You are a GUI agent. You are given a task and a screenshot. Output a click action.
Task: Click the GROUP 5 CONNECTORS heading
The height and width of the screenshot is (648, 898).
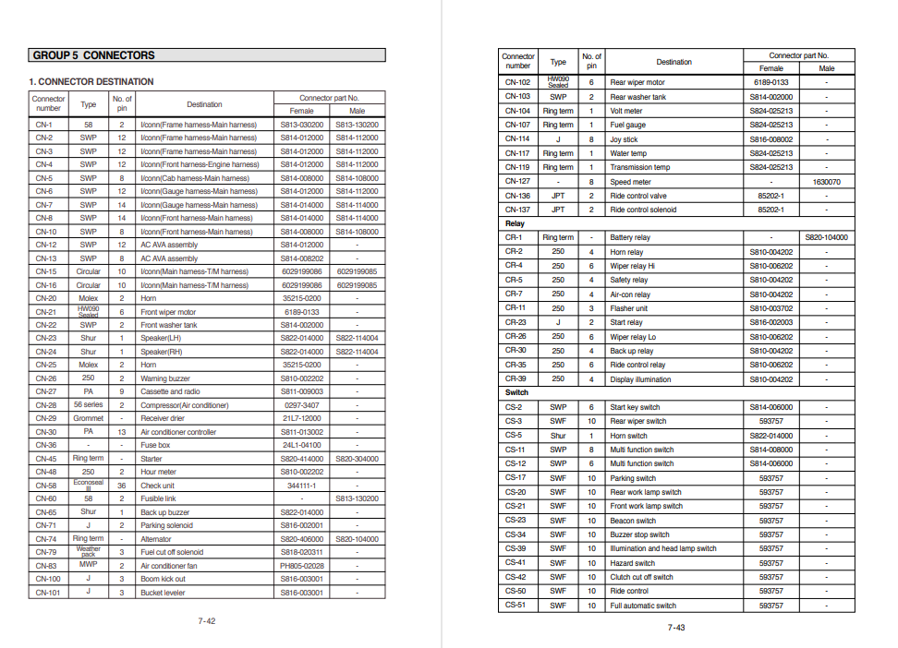tap(93, 55)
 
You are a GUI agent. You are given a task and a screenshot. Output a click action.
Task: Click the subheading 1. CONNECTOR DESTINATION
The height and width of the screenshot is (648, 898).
tap(91, 82)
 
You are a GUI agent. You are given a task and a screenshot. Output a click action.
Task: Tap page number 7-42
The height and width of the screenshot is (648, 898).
tap(207, 621)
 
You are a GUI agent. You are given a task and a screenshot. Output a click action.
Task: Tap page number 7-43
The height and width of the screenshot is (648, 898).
tap(676, 628)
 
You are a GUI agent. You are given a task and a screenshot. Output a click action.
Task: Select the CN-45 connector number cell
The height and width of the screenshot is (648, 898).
tap(46, 459)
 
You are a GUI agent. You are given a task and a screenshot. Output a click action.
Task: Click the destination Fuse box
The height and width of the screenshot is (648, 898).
tap(155, 445)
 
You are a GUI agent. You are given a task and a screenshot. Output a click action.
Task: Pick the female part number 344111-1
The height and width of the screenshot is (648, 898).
tap(302, 486)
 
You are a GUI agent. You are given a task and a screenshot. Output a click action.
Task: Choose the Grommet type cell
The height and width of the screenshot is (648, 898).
tap(89, 418)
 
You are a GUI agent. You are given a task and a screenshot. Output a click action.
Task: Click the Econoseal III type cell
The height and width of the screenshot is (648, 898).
tap(89, 486)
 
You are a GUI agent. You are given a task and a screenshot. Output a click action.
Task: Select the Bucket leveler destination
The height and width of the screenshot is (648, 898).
tap(163, 593)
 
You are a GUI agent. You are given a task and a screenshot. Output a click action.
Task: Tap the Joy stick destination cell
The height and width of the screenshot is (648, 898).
tap(624, 139)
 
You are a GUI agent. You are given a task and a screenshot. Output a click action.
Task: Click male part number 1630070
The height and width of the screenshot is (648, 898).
tap(827, 182)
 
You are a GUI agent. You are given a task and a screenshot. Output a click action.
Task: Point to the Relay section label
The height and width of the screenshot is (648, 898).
tap(515, 223)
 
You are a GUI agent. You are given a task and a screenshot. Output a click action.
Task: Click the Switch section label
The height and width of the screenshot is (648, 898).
tap(516, 392)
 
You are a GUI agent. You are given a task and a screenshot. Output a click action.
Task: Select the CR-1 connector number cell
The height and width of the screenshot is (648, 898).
tap(514, 237)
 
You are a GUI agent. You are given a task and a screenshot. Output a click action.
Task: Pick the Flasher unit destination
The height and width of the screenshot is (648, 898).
tap(629, 308)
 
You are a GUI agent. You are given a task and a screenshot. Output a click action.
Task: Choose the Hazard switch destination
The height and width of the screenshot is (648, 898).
tap(633, 563)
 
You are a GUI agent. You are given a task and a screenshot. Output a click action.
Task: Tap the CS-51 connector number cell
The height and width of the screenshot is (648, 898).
tap(515, 606)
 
